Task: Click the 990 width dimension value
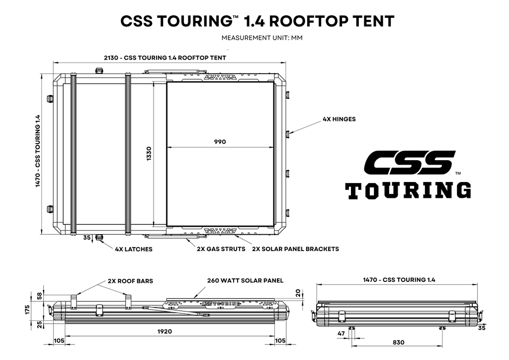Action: point(220,142)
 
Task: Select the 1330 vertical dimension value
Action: point(149,154)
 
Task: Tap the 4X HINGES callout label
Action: point(339,119)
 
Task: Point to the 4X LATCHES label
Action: point(134,249)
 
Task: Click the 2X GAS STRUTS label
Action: point(221,249)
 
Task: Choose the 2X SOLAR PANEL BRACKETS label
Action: point(295,249)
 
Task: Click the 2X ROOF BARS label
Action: point(131,281)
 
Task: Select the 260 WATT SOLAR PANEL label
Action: point(245,280)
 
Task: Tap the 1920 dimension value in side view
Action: point(165,332)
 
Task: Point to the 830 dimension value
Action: point(398,343)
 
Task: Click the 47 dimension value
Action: point(341,334)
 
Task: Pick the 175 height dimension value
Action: point(27,309)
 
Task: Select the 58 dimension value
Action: point(40,296)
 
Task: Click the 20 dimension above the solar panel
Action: point(298,293)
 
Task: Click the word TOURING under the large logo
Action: point(408,190)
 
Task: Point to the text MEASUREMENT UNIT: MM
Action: point(262,38)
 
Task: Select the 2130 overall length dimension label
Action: point(165,58)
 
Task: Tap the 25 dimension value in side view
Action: point(40,324)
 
